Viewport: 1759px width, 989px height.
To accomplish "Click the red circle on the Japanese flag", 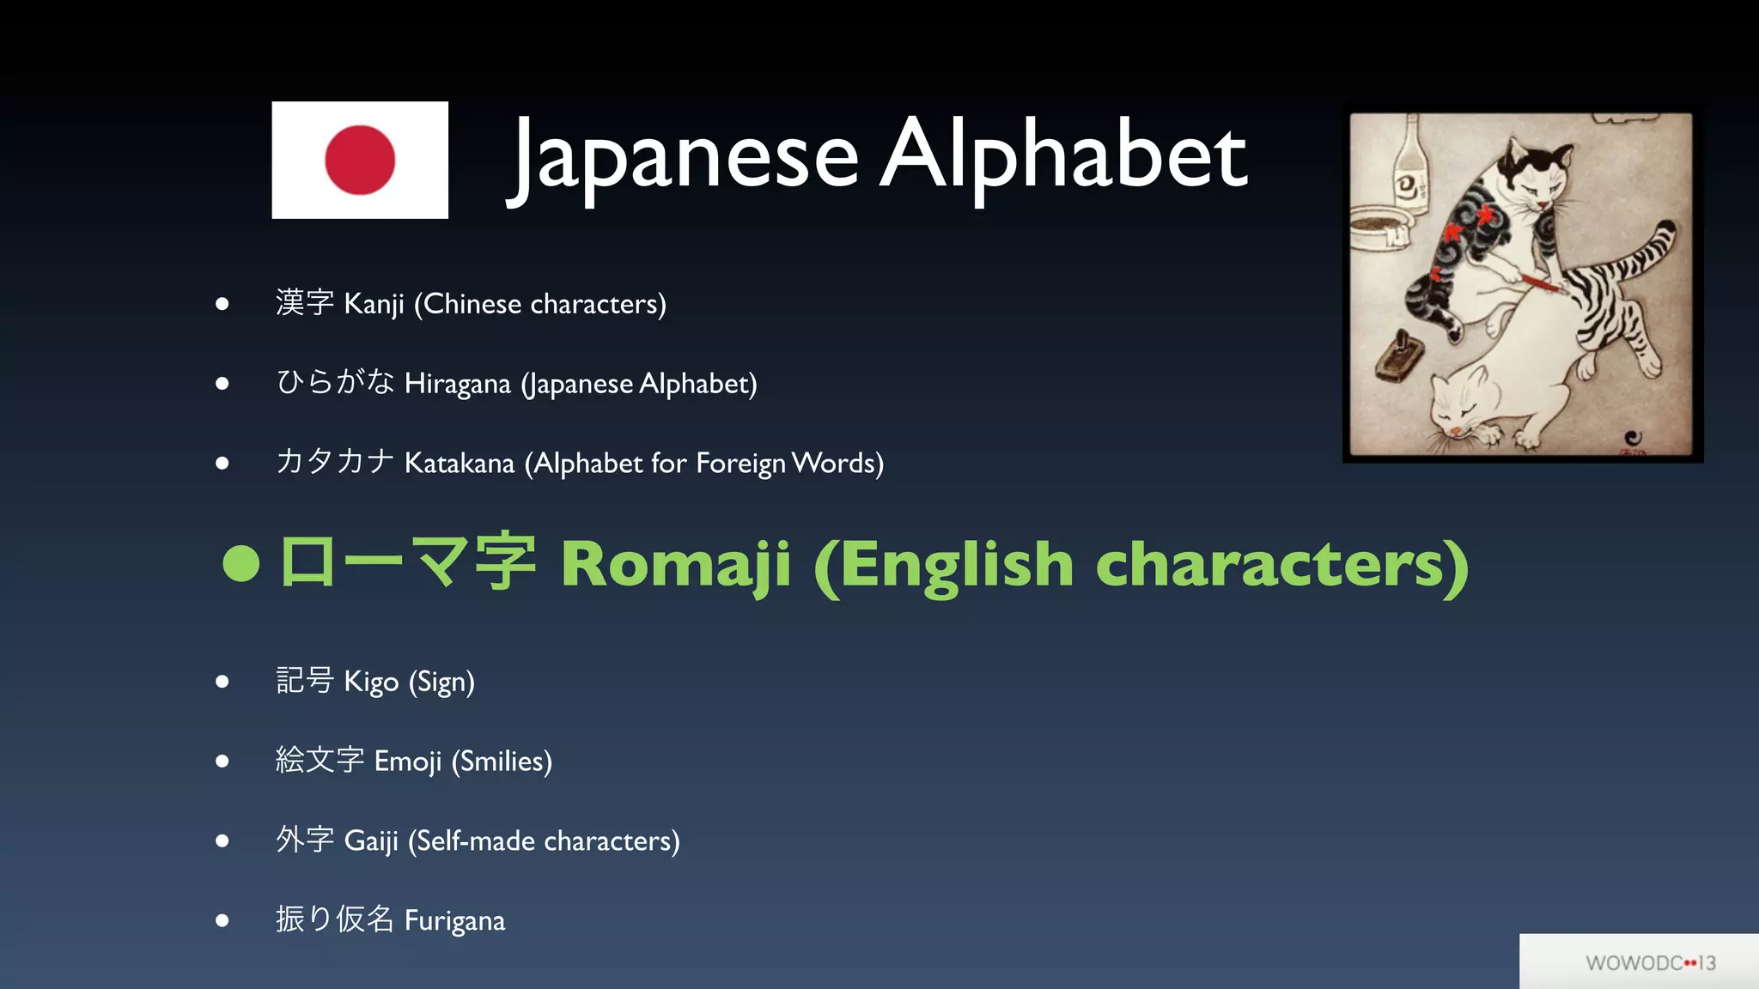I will (360, 160).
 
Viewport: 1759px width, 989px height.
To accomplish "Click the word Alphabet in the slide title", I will (1063, 156).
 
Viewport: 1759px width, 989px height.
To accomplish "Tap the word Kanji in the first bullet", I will (374, 304).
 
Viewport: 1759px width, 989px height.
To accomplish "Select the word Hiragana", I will (457, 384).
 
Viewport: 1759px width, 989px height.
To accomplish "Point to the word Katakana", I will (459, 464).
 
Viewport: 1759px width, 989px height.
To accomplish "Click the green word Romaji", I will (675, 565).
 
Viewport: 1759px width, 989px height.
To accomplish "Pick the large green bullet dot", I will (240, 564).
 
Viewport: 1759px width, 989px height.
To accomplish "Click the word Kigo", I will (371, 682).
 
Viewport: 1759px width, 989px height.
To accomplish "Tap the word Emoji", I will (407, 761).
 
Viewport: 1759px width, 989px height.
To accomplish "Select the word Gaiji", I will (371, 840).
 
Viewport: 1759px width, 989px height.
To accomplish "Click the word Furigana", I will (454, 920).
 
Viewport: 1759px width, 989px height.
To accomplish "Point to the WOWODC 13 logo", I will (1650, 963).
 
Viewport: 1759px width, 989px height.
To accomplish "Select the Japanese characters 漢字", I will (305, 302).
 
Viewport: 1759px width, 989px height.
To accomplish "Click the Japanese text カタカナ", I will (335, 462).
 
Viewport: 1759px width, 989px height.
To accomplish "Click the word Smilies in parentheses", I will (502, 761).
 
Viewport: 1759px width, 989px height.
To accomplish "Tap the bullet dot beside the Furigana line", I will (222, 920).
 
